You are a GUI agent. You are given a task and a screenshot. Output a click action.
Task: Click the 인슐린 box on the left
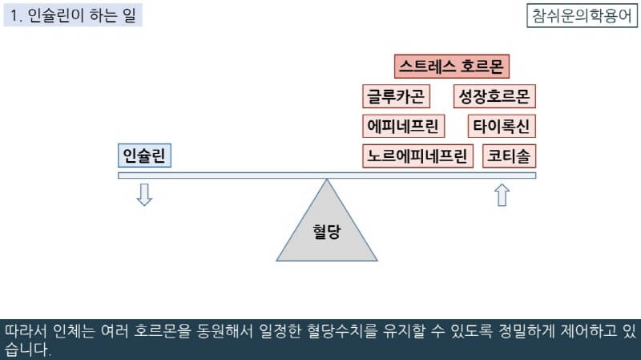pos(144,156)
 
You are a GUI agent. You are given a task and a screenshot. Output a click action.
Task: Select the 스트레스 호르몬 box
pos(453,66)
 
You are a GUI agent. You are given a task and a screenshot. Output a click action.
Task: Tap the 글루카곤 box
pos(397,97)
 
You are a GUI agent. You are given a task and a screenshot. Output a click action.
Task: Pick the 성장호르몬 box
pos(494,97)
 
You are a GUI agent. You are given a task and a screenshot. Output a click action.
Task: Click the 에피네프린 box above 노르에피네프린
pos(403,127)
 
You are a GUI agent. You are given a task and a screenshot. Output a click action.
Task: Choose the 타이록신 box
pos(502,127)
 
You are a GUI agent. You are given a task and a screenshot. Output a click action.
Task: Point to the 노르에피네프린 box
pos(417,156)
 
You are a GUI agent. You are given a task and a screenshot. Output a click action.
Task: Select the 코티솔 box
pos(510,156)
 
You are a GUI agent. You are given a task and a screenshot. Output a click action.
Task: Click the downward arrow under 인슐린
pos(144,195)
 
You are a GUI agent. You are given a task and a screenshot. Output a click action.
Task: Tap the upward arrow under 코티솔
pos(502,195)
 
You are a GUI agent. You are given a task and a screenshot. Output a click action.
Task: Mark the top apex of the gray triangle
pos(326,180)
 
